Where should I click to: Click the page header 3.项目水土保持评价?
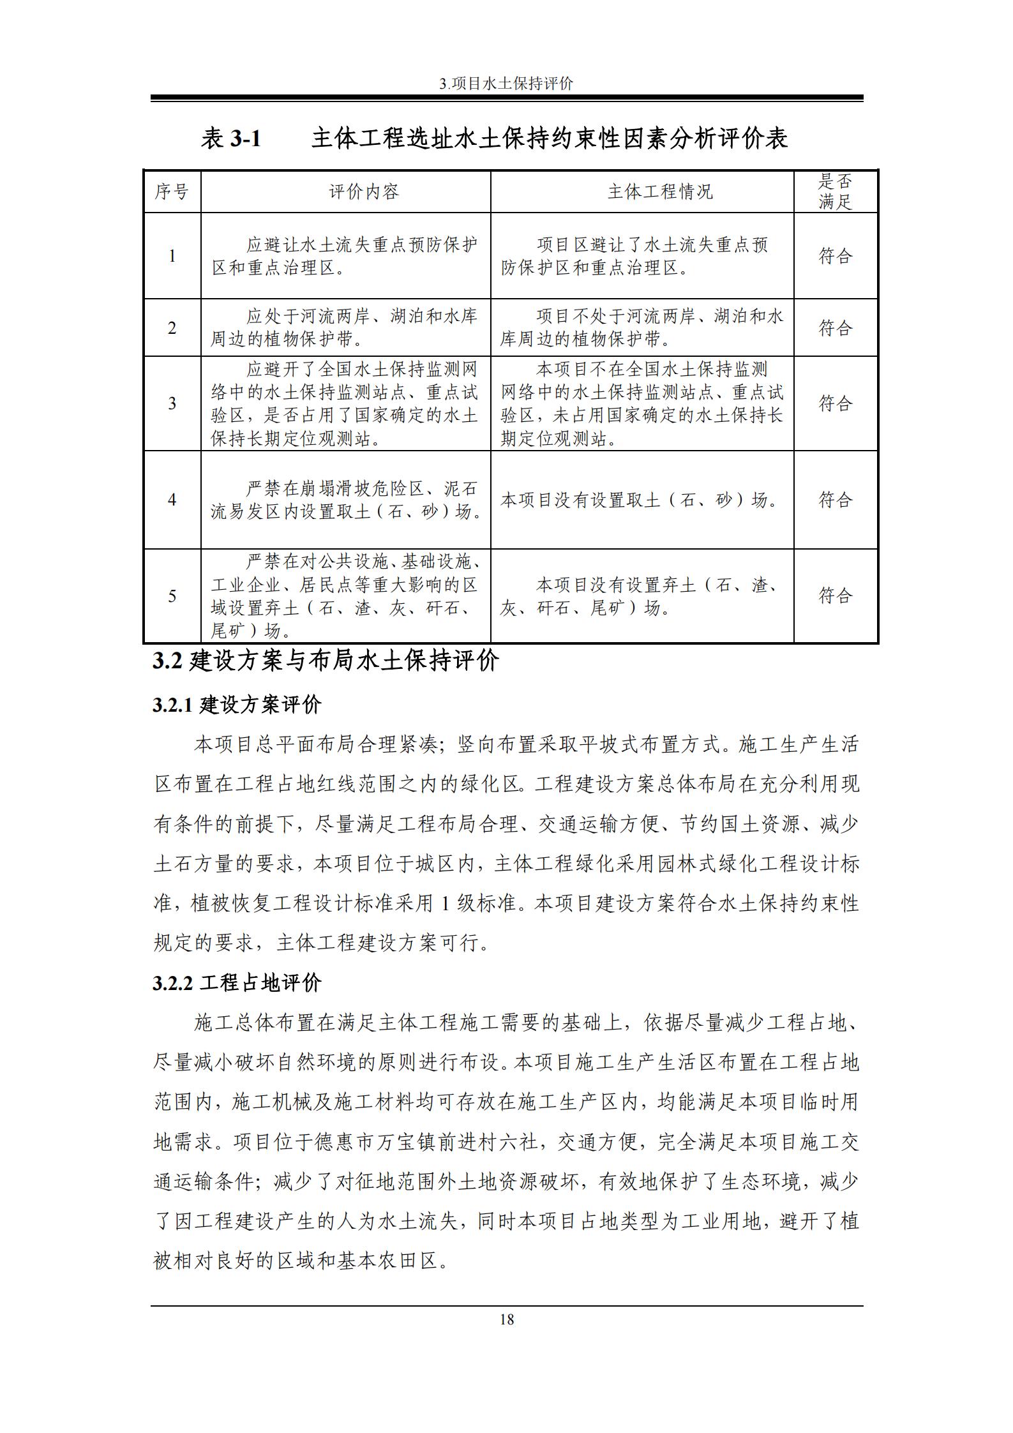point(506,84)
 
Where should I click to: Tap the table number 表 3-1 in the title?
point(231,139)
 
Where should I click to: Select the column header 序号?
point(172,191)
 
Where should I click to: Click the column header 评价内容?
point(364,191)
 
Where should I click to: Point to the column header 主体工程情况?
point(659,191)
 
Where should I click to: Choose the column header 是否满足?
point(835,191)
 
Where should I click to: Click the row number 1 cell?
point(172,256)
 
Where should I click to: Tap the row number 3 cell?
point(172,403)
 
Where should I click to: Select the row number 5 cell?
point(172,596)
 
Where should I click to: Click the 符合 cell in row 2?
point(835,328)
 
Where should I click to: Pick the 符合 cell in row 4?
point(835,500)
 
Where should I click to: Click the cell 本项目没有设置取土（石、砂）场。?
point(641,500)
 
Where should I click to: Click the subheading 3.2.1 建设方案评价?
point(237,705)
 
